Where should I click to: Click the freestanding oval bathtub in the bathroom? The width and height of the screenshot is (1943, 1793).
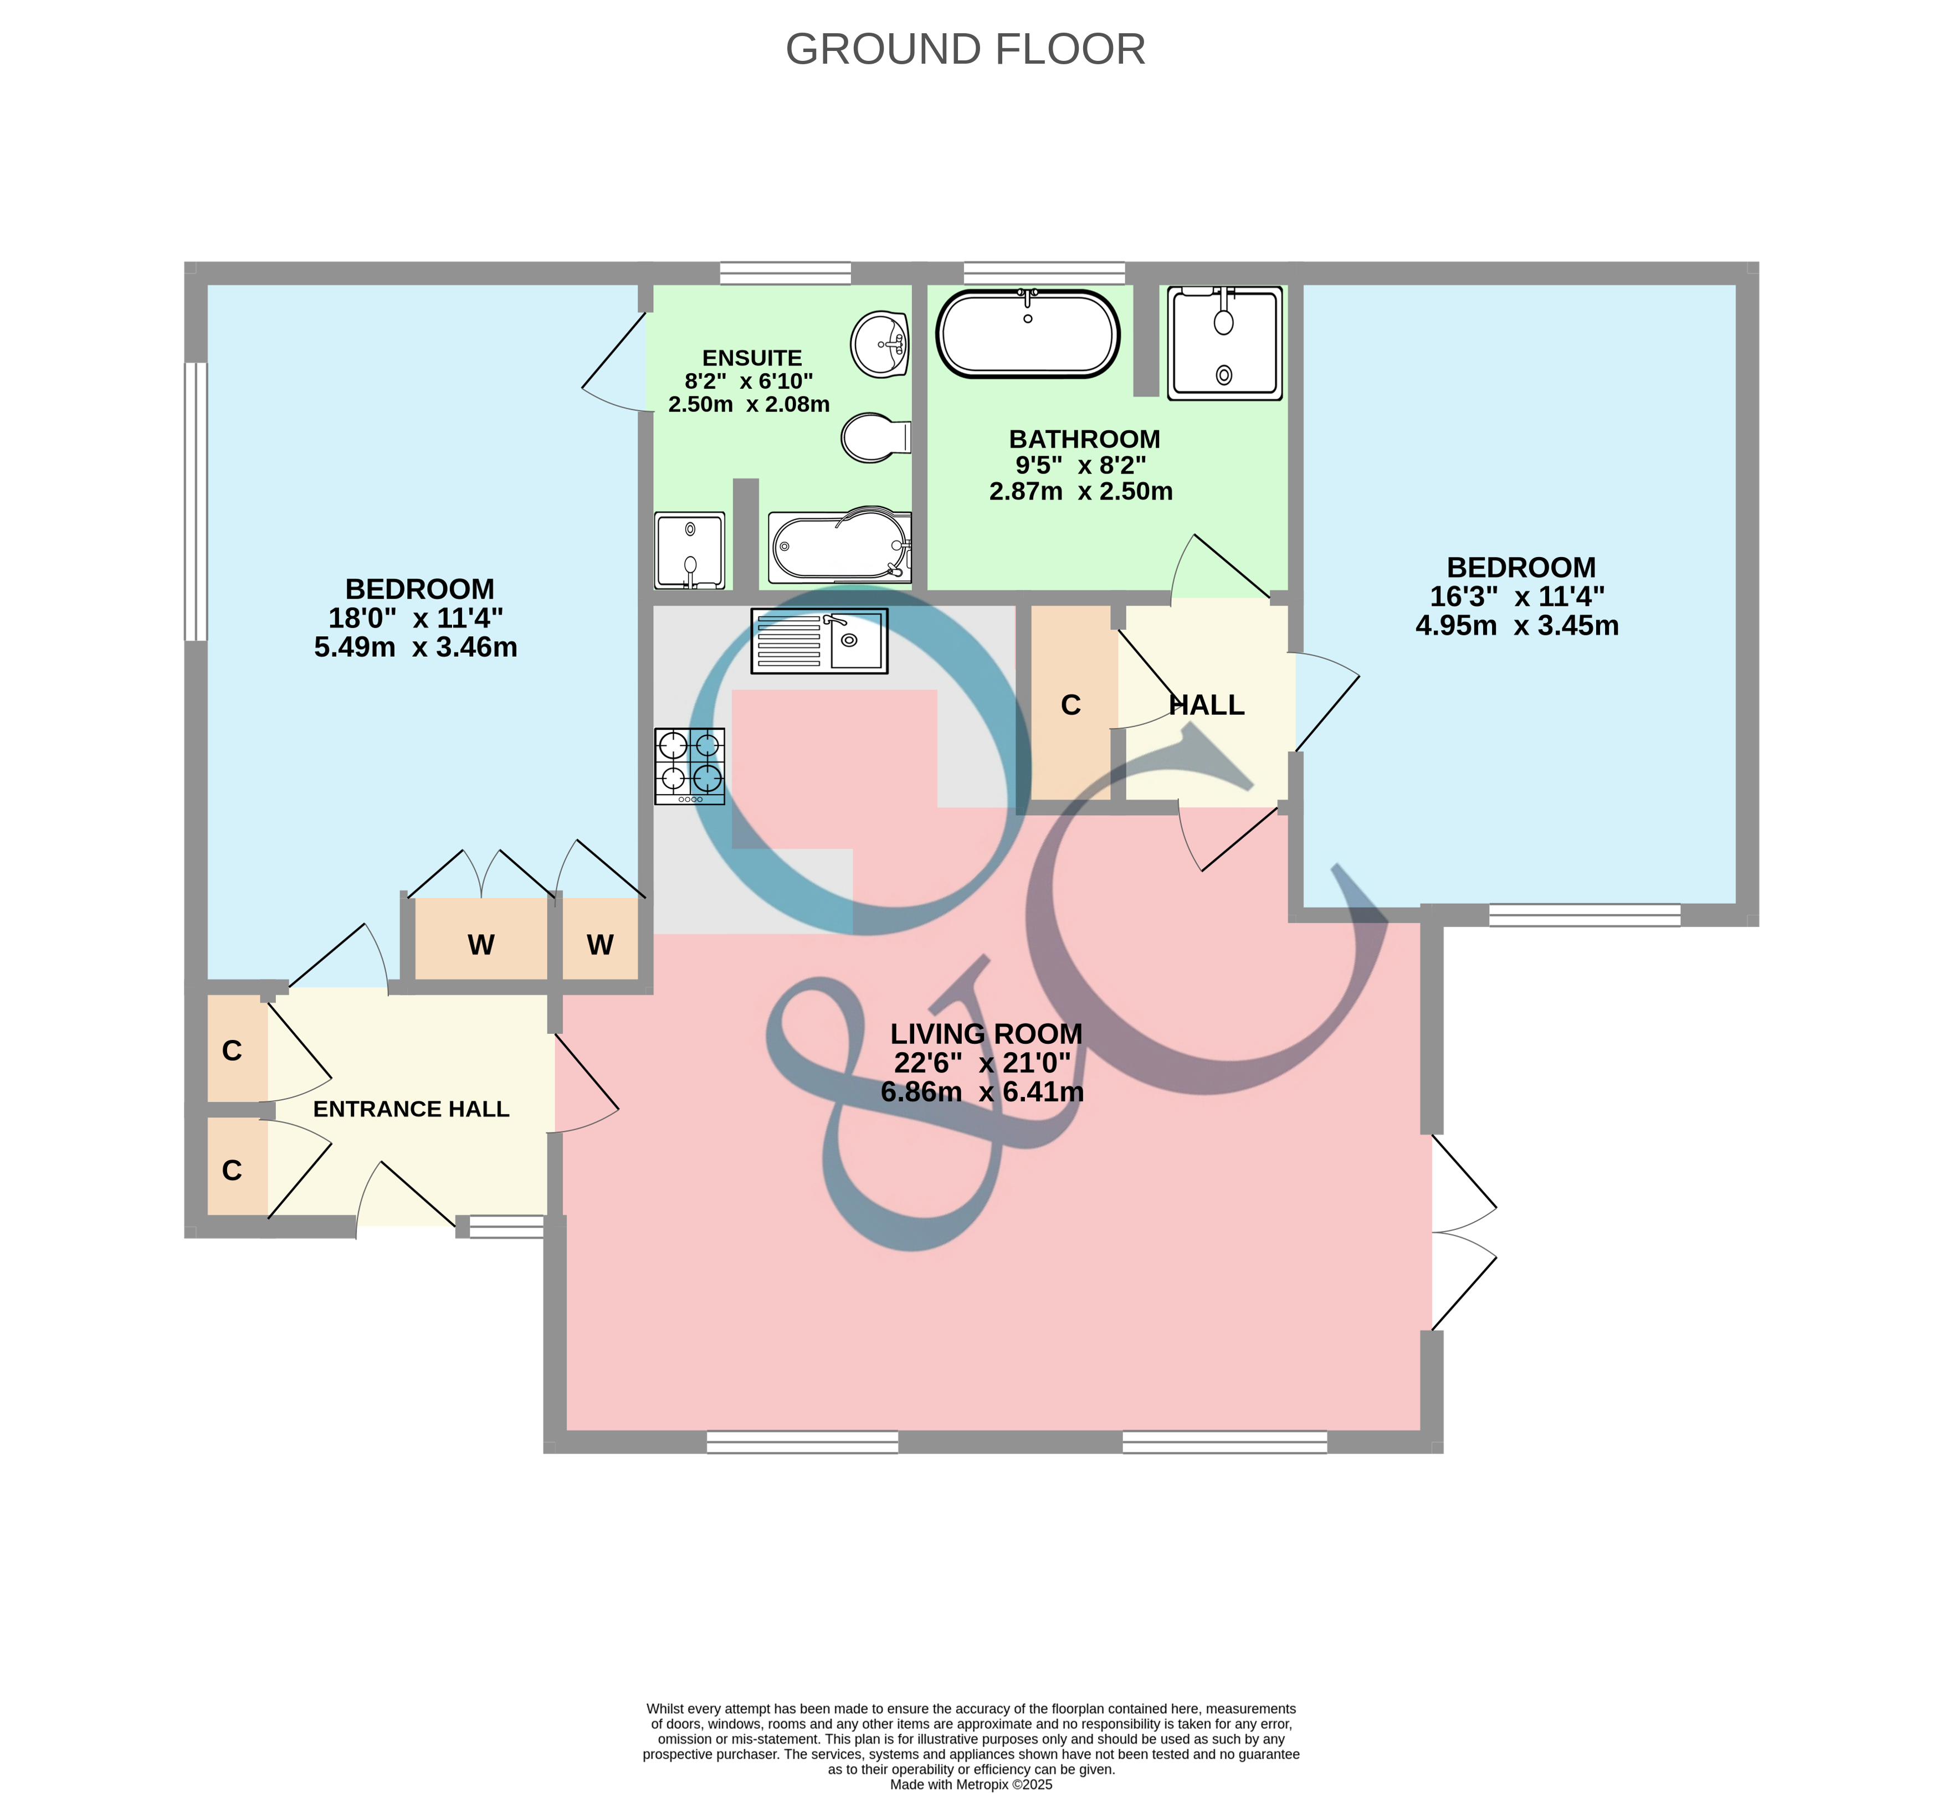click(1028, 334)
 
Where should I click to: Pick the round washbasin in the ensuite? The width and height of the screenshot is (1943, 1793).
click(880, 343)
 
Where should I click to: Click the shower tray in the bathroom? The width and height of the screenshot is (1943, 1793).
click(1225, 343)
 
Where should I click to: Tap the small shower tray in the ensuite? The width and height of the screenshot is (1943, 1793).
click(689, 550)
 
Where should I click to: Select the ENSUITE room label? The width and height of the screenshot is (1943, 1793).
click(752, 358)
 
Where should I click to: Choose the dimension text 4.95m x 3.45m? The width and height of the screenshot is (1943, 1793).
click(1517, 626)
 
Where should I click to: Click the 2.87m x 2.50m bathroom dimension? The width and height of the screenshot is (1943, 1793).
click(1081, 491)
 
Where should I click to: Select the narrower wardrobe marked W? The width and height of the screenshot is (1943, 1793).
click(600, 939)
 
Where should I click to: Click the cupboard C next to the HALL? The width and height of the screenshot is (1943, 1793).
click(1070, 703)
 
